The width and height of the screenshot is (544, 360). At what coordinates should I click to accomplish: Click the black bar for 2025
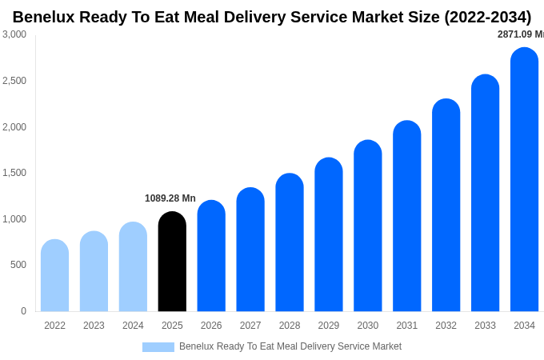172,262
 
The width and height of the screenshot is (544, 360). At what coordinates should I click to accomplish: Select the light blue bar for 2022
54,276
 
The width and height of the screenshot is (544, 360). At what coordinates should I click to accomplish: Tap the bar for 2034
524,180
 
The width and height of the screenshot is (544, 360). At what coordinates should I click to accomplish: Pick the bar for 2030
368,226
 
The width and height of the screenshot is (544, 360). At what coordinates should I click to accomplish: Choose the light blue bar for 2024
133,267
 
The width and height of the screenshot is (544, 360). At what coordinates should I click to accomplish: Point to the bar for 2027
250,250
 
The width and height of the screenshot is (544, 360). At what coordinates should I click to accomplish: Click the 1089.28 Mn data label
170,198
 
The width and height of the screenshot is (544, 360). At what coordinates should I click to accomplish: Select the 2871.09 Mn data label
520,34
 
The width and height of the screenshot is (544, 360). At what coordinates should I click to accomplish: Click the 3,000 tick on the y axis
14,34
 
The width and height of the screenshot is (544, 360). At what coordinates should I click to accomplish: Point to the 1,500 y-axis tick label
14,173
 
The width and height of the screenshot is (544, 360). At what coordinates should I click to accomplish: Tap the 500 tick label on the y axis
18,265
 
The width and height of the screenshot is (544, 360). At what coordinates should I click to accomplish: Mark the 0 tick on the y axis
23,311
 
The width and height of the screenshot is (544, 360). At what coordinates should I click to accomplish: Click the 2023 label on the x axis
94,326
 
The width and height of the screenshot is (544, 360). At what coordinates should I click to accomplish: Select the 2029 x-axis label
329,326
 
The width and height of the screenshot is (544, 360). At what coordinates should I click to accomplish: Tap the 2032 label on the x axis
446,326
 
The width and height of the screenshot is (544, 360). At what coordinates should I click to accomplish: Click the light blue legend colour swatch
158,347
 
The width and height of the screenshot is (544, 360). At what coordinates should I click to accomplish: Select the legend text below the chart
290,346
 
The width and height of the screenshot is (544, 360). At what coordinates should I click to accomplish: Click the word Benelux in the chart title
44,17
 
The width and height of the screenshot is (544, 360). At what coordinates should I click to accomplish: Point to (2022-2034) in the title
487,17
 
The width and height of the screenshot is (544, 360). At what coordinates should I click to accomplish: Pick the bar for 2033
485,194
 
